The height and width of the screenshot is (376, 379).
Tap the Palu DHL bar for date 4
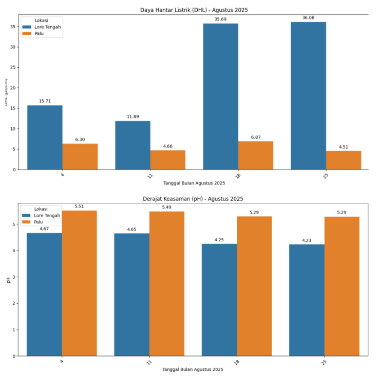[80, 156]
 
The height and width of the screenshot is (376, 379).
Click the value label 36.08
[308, 18]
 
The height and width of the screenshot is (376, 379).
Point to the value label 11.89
[132, 117]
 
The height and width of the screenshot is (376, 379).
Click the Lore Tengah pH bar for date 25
[307, 300]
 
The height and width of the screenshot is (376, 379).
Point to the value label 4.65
[132, 229]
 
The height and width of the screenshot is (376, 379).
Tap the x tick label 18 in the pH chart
[237, 362]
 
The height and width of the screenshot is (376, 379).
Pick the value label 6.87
[256, 137]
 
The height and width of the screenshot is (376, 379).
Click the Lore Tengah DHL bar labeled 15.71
[45, 137]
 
